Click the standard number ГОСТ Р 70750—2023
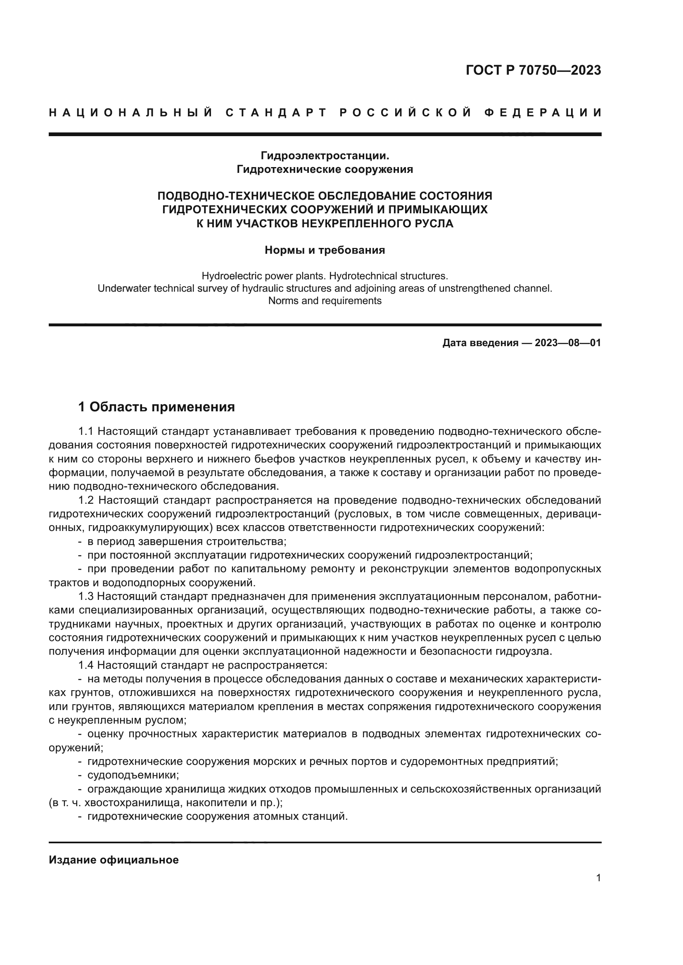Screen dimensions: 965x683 533,70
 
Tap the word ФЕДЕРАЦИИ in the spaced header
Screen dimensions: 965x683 543,113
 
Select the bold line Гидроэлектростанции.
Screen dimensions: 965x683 325,156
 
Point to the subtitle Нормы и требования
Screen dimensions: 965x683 325,250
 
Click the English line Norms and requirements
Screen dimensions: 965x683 325,301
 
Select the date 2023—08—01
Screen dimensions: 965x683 567,343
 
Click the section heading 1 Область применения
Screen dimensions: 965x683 157,407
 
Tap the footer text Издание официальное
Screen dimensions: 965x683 114,860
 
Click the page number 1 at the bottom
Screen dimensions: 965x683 598,878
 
